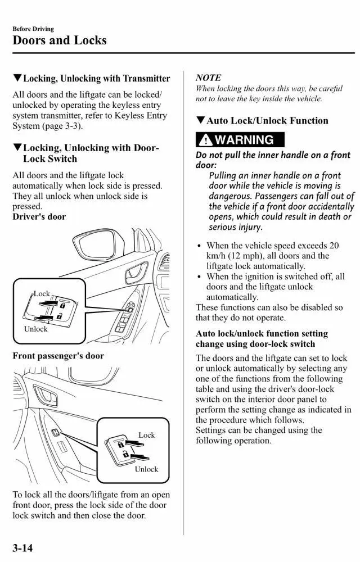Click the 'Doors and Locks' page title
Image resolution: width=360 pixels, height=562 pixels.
(59, 40)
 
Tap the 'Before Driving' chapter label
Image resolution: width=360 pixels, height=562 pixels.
(33, 29)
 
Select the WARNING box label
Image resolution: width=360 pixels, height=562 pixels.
(240, 140)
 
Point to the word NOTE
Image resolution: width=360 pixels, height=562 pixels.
(208, 78)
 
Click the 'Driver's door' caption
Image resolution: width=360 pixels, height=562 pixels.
(39, 217)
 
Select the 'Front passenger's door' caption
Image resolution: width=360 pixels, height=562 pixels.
(58, 356)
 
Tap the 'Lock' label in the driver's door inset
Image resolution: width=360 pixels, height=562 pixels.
(42, 294)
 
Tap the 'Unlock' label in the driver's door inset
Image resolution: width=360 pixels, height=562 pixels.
(35, 329)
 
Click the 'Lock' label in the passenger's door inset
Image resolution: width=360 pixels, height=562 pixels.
(146, 435)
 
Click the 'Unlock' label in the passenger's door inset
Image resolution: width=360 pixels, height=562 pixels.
(146, 469)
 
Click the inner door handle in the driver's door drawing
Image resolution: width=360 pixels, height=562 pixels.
(137, 273)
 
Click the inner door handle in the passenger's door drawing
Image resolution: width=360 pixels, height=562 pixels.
(46, 397)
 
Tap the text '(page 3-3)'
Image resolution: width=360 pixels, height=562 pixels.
(61, 126)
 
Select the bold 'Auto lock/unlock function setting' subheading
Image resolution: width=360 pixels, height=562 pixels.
(262, 333)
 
